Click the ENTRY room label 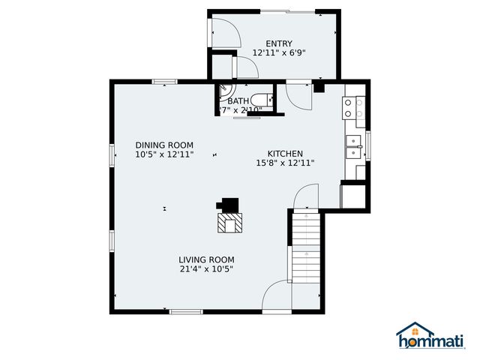coord(278,43)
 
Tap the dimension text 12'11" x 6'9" coord(278,53)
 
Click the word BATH coord(238,101)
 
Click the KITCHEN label coord(284,153)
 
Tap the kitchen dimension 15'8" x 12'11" coord(284,163)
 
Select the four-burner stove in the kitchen coord(354,108)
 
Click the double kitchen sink coord(353,146)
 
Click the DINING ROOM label coord(164,145)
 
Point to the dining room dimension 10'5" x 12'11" coord(164,154)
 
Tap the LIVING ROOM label coord(206,259)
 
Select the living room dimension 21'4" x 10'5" coord(206,269)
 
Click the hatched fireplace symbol coord(230,222)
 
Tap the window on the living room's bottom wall coord(185,311)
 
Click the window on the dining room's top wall coord(164,81)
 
